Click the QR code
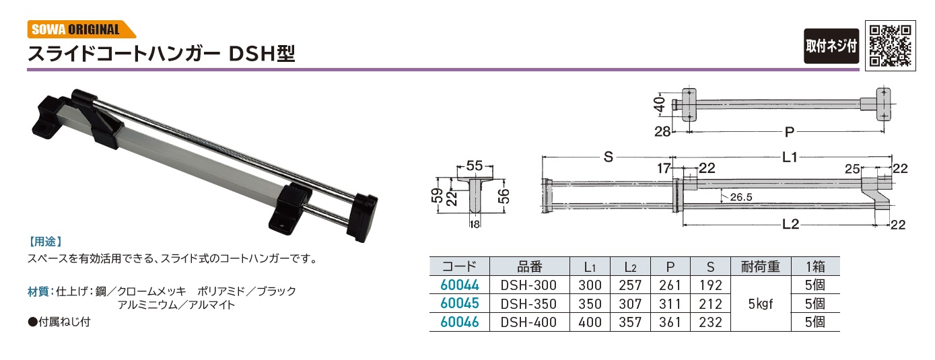(891, 46)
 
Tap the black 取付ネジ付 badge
(831, 46)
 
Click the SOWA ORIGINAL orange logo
(81, 29)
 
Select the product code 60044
(460, 285)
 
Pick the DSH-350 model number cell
(528, 303)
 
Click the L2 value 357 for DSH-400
(630, 322)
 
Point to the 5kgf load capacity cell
(761, 304)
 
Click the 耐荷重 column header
(761, 266)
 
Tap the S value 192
(710, 285)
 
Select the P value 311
(670, 303)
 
